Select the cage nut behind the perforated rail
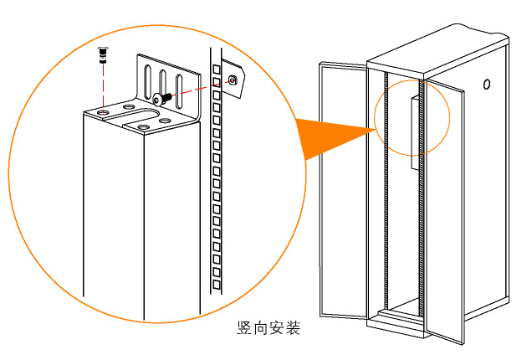click(233, 79)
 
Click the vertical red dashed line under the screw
click(101, 84)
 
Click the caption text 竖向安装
click(269, 327)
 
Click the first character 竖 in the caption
click(244, 327)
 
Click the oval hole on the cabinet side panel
click(486, 85)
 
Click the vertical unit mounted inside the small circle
click(413, 130)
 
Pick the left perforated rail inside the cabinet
click(384, 193)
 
